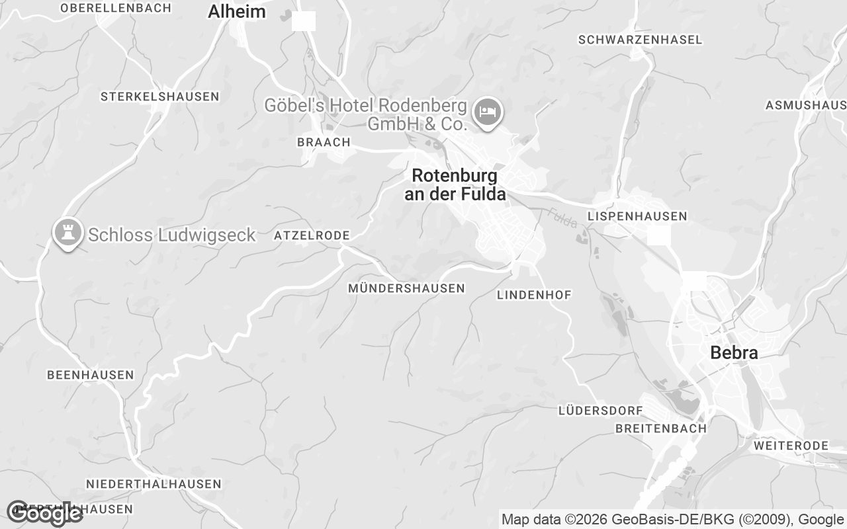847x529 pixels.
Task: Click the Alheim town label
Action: [x=236, y=12]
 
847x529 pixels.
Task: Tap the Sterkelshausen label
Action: [x=159, y=97]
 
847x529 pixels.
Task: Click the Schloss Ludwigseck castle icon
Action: [x=67, y=233]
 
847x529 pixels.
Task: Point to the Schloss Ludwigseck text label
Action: [x=171, y=235]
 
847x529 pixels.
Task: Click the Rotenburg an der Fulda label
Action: [x=454, y=184]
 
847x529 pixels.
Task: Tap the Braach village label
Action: [x=324, y=142]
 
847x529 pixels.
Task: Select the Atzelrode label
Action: [x=312, y=235]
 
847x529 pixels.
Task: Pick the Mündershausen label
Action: [x=406, y=288]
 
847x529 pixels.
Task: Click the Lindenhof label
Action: [x=534, y=295]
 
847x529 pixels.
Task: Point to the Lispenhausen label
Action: [x=637, y=216]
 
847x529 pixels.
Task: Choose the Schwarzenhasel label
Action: [x=640, y=40]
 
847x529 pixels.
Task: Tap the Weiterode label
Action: [x=790, y=446]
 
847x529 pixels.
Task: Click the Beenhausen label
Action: [x=90, y=375]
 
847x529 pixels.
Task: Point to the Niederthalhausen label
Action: [x=154, y=484]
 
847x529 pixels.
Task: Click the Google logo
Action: [x=44, y=513]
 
